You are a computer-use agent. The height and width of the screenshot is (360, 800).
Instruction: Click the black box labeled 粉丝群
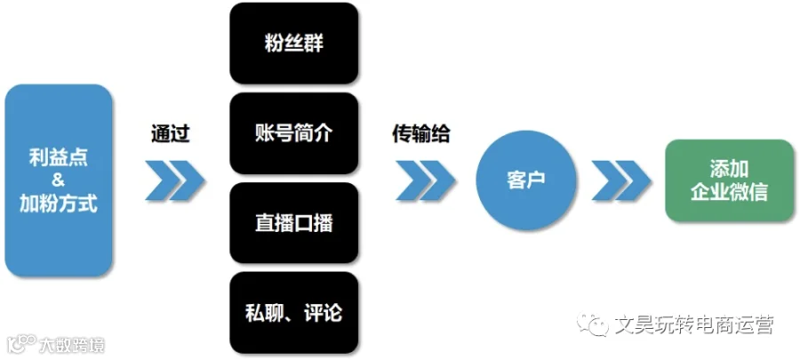coord(294,44)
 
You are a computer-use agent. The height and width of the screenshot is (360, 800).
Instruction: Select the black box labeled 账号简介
coord(294,133)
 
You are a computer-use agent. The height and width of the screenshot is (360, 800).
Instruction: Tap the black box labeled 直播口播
coord(294,223)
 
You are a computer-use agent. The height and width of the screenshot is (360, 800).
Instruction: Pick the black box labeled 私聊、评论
coord(294,313)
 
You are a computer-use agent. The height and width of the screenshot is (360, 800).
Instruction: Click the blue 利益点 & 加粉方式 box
coord(58,180)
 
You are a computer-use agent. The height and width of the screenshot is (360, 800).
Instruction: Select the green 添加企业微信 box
coord(729,180)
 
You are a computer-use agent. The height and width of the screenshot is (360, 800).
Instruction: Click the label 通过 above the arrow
coord(171,134)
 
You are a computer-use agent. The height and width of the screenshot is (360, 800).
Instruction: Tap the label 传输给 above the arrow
coord(421,134)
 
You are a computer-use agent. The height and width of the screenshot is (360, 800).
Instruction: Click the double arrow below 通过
coord(174,180)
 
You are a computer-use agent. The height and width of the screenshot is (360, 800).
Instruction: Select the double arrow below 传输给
coord(425,180)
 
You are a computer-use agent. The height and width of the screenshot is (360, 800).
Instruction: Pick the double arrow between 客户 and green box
coord(621,180)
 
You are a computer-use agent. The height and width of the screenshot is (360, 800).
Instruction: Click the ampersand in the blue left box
coord(58,180)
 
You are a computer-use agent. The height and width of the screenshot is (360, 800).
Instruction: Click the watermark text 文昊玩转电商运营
coord(694,324)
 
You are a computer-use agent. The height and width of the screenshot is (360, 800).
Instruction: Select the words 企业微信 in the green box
coord(729,193)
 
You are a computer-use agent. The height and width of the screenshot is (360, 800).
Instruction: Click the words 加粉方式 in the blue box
coord(58,204)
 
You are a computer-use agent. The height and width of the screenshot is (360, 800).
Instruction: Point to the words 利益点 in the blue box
coord(58,157)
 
